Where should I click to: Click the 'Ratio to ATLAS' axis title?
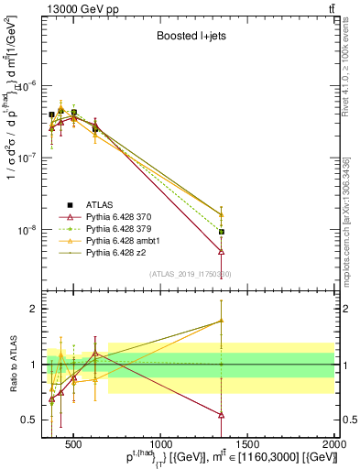12,364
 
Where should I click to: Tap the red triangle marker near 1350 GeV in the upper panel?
221,251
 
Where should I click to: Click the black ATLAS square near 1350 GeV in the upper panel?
221,232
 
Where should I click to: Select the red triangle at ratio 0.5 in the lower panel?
221,414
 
